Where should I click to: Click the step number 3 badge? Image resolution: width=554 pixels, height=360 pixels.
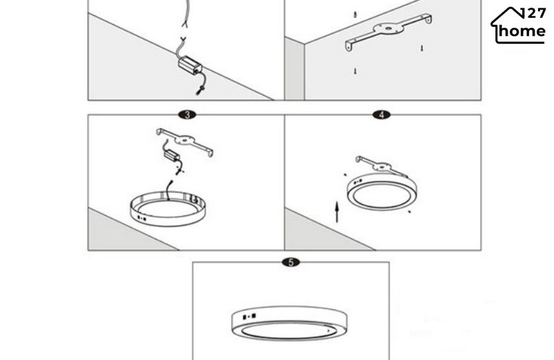pos(187,115)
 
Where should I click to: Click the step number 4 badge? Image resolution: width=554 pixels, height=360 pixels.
pos(382,115)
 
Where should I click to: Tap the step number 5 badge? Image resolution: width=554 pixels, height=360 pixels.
pos(291,262)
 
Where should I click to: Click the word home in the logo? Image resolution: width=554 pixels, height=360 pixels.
pos(522,31)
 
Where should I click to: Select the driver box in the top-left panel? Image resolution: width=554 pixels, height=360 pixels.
pos(190,65)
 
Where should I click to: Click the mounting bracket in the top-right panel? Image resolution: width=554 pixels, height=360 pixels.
pos(388,32)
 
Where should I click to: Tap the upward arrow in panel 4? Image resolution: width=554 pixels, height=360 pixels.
pos(337,212)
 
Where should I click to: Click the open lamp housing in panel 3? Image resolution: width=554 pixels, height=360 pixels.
pos(168,208)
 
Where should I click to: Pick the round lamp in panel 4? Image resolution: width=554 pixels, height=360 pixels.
pos(382,192)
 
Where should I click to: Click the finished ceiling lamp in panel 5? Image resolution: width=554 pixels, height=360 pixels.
pos(289,323)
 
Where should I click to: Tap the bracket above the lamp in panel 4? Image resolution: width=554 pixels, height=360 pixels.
pos(382,165)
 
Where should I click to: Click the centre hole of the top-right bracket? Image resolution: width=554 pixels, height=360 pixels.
pos(388,28)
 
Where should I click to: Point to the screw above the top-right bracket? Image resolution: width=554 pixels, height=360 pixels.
pos(355,15)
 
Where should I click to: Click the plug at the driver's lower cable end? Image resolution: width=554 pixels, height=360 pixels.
pos(200,90)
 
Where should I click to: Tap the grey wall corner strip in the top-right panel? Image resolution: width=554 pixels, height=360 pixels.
pos(295,69)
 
